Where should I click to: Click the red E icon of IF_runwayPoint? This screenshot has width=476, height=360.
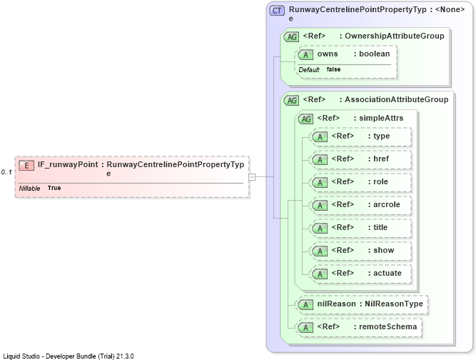click(26, 166)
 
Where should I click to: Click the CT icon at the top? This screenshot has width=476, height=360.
click(277, 11)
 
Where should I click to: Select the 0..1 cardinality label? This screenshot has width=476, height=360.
click(6, 172)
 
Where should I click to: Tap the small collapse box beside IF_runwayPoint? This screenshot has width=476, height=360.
click(252, 177)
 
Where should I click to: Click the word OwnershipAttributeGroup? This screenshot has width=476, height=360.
click(395, 36)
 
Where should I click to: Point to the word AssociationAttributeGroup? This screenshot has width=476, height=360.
click(397, 99)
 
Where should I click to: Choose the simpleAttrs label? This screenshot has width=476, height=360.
click(381, 118)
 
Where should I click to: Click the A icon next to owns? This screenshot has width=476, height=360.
click(305, 55)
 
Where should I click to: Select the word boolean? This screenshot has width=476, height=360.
click(374, 54)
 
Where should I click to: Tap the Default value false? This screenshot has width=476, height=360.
click(333, 69)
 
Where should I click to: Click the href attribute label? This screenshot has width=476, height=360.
click(381, 159)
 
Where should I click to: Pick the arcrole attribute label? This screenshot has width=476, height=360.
click(387, 204)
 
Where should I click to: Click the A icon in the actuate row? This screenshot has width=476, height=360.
click(320, 274)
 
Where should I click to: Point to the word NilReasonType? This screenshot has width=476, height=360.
click(394, 304)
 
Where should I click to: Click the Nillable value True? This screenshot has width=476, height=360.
click(54, 188)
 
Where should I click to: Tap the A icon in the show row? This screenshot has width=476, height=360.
click(320, 251)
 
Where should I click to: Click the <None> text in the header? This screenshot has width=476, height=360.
click(450, 9)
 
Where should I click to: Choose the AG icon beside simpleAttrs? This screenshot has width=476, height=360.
click(305, 119)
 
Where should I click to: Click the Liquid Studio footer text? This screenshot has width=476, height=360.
click(69, 356)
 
